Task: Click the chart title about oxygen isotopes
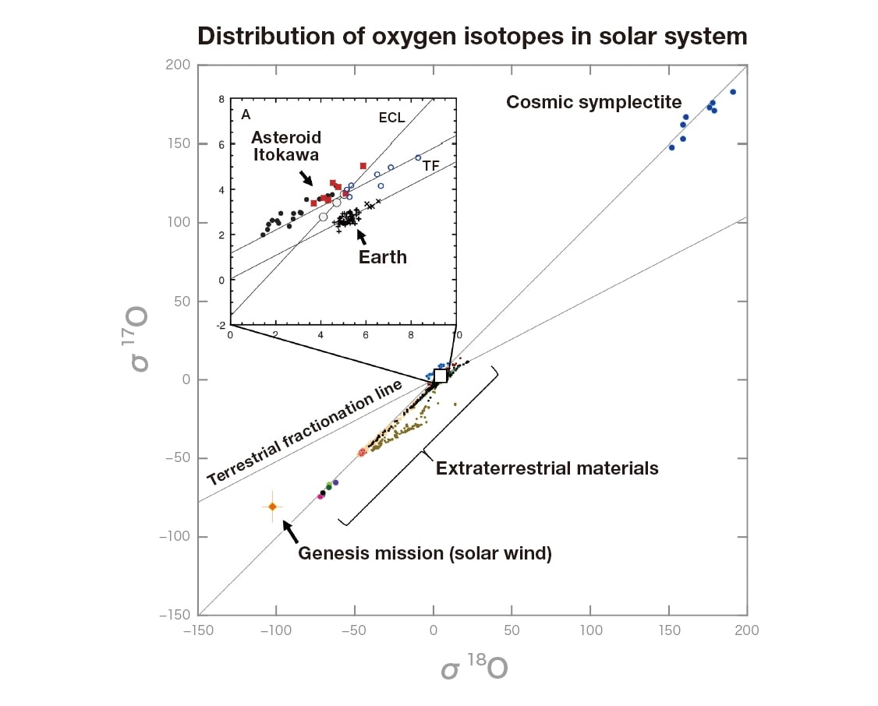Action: click(472, 36)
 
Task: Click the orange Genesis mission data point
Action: click(272, 507)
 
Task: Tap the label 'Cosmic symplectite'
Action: click(594, 102)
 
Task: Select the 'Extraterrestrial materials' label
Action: click(547, 468)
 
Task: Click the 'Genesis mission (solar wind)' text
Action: click(425, 554)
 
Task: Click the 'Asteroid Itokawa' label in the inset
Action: click(285, 146)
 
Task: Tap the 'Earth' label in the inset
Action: click(382, 257)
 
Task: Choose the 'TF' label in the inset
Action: click(431, 165)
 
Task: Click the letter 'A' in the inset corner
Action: click(246, 115)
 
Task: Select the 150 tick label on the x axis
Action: click(668, 630)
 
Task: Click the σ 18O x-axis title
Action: click(474, 669)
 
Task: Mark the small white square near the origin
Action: click(441, 376)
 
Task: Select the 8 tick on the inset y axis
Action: click(221, 99)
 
